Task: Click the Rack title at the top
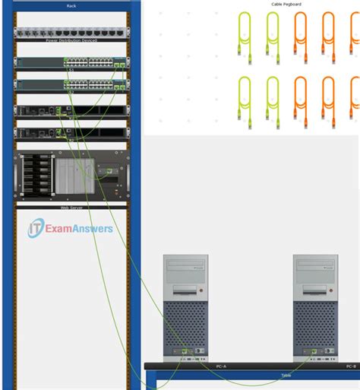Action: (71, 5)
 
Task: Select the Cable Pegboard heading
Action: (287, 4)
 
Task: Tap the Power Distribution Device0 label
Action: (71, 40)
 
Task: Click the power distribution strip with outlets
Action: (71, 33)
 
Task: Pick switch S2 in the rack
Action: (71, 84)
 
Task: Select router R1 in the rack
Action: (71, 111)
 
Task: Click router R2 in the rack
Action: (71, 134)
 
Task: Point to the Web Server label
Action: (71, 207)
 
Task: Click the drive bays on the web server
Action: (33, 176)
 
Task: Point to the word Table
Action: (286, 376)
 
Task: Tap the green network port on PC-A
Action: (185, 352)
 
